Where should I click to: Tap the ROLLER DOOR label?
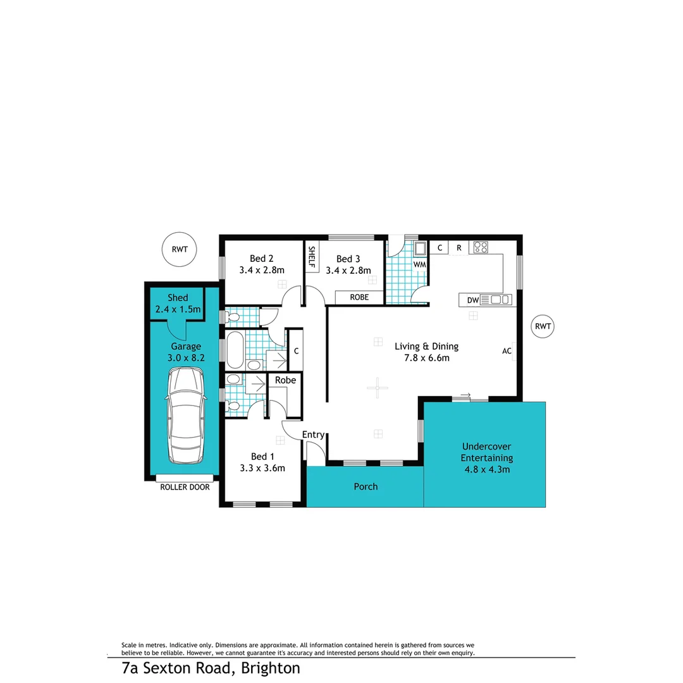pos(185,487)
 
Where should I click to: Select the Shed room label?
pos(178,298)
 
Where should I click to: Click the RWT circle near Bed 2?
pos(179,249)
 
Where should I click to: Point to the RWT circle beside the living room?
pos(543,326)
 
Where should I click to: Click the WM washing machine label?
pos(419,264)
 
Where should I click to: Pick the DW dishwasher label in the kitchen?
pos(472,300)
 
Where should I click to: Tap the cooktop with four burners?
pos(480,247)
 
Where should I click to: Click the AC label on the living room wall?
pos(507,350)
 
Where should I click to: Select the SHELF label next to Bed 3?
pos(312,257)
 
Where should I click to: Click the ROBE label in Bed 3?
pos(359,297)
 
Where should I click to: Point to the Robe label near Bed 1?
pos(285,380)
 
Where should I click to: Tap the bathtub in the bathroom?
pos(234,350)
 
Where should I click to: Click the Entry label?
pos(313,434)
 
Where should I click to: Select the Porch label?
pos(366,486)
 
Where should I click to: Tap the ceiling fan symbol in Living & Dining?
pos(377,387)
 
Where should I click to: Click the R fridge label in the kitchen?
pos(458,248)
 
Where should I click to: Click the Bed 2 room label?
pos(262,258)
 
